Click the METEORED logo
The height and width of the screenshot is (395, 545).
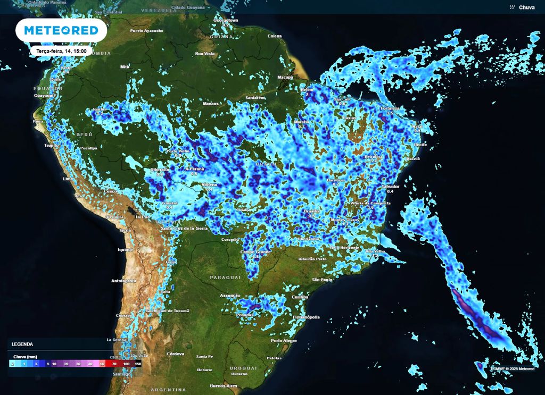61,30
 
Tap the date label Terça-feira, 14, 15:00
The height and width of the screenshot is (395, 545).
61,51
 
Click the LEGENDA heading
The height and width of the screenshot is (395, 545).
22,344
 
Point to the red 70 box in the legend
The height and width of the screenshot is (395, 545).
114,364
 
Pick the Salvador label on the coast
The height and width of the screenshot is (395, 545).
390,187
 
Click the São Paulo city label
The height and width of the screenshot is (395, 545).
322,279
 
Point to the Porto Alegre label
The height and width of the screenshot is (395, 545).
284,340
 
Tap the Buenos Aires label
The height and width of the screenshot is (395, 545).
223,385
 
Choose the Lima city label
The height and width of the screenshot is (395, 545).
68,179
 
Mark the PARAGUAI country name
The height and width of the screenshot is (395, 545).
225,278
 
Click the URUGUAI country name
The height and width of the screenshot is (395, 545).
243,368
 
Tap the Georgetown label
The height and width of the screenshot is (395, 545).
226,20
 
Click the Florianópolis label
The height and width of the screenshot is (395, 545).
306,317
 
